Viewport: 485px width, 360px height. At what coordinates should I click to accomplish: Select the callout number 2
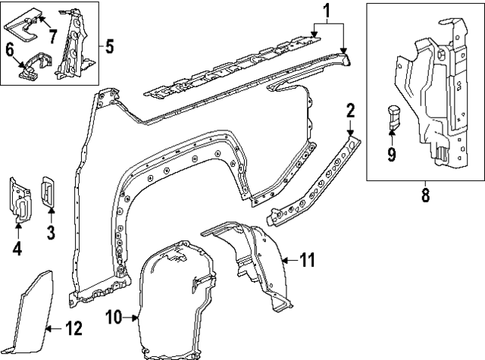(x=350, y=110)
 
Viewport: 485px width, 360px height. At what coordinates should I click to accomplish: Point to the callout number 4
(x=17, y=247)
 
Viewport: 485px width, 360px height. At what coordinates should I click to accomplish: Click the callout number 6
(x=11, y=50)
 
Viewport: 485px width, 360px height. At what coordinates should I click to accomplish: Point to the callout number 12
(x=73, y=329)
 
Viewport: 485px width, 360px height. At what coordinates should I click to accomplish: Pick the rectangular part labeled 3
(x=47, y=192)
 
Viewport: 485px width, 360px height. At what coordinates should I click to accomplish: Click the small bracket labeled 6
(x=34, y=64)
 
